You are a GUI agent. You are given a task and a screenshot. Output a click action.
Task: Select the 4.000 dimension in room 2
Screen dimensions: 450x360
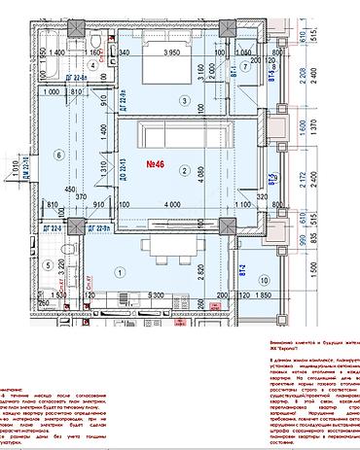174,205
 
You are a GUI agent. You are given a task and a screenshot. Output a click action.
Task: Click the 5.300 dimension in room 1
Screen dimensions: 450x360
154,293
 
